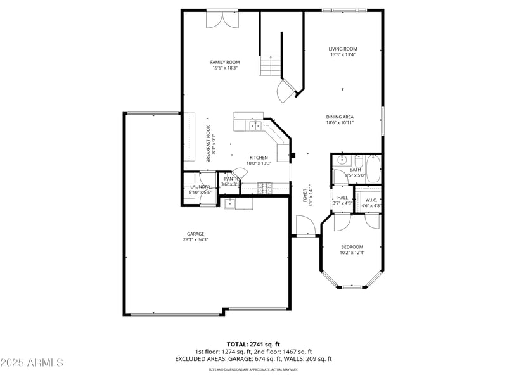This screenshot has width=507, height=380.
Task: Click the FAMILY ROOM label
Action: point(225,62)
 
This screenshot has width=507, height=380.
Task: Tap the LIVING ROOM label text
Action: point(343,49)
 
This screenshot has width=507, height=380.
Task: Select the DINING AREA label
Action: point(340,117)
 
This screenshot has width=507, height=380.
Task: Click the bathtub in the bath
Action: point(373,170)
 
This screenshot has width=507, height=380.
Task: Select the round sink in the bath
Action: point(341,160)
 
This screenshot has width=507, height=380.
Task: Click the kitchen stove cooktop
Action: point(266,187)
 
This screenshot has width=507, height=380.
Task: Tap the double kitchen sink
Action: point(256,126)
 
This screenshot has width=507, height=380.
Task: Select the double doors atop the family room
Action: point(222,19)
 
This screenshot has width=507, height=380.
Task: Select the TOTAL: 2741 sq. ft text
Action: point(253,344)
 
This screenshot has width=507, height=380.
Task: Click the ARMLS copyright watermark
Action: point(32,363)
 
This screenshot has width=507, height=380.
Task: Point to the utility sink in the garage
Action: point(229,203)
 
